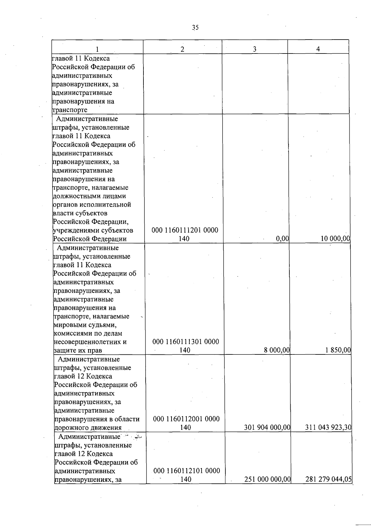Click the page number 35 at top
tap(195, 28)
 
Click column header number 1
tap(97, 49)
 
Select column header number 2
tap(182, 49)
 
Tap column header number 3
tap(254, 49)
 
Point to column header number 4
tap(318, 49)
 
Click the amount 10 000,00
tap(335, 238)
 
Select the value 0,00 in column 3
tap(283, 238)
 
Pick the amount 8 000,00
tap(277, 350)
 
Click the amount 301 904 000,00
tap(267, 427)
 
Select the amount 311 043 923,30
tap(328, 427)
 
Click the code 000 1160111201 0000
tap(185, 230)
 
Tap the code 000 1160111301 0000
tap(186, 342)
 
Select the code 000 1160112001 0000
tap(186, 419)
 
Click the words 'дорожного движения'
tap(88, 428)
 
